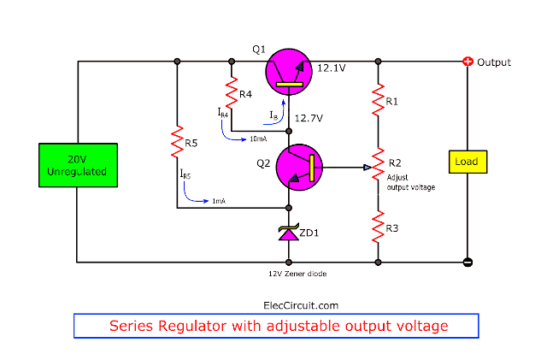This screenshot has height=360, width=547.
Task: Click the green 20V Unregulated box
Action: click(x=76, y=164)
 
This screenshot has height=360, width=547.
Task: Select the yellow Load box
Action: click(x=466, y=162)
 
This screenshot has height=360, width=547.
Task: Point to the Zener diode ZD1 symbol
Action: click(x=289, y=233)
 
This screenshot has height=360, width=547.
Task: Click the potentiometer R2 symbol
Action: click(x=378, y=168)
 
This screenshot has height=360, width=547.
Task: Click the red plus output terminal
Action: click(x=468, y=62)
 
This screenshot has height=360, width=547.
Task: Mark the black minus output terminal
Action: click(x=468, y=262)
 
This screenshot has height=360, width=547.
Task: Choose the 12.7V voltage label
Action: click(x=309, y=117)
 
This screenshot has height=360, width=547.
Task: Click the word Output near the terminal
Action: click(x=494, y=62)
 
